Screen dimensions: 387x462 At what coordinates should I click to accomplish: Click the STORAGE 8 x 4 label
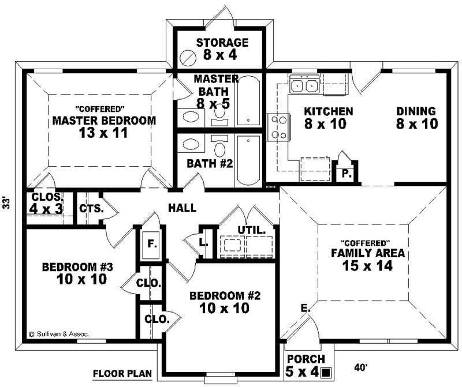[222, 50]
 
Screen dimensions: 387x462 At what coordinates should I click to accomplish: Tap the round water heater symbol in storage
[188, 57]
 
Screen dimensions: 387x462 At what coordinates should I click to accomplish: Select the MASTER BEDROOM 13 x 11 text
[104, 121]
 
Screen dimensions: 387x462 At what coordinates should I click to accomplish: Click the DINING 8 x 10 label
[415, 117]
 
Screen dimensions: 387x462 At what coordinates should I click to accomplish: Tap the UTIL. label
[252, 230]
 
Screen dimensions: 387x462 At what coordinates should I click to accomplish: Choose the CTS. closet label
[91, 208]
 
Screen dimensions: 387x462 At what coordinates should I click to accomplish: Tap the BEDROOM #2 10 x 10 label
[225, 302]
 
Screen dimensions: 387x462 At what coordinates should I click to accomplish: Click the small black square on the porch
[327, 372]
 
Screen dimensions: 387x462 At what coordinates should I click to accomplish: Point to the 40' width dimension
[362, 367]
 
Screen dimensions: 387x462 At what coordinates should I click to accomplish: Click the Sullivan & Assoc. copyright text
[60, 333]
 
